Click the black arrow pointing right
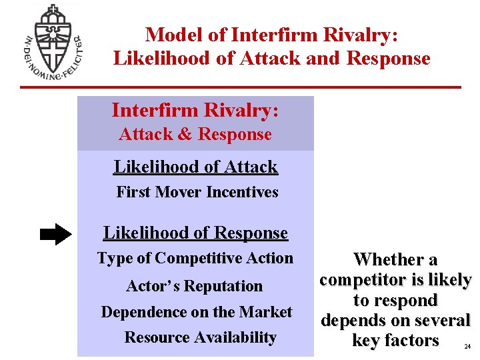tap(55, 234)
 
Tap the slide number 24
tap(466, 347)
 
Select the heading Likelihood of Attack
tap(195, 167)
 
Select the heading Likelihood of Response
tap(195, 233)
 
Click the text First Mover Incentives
tap(197, 192)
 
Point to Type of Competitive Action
tap(195, 258)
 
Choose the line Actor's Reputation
tap(195, 286)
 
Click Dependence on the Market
tap(197, 312)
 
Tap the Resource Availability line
tap(200, 337)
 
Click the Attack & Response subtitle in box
tap(195, 135)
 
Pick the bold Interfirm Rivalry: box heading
tap(195, 110)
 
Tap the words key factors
tap(395, 341)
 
